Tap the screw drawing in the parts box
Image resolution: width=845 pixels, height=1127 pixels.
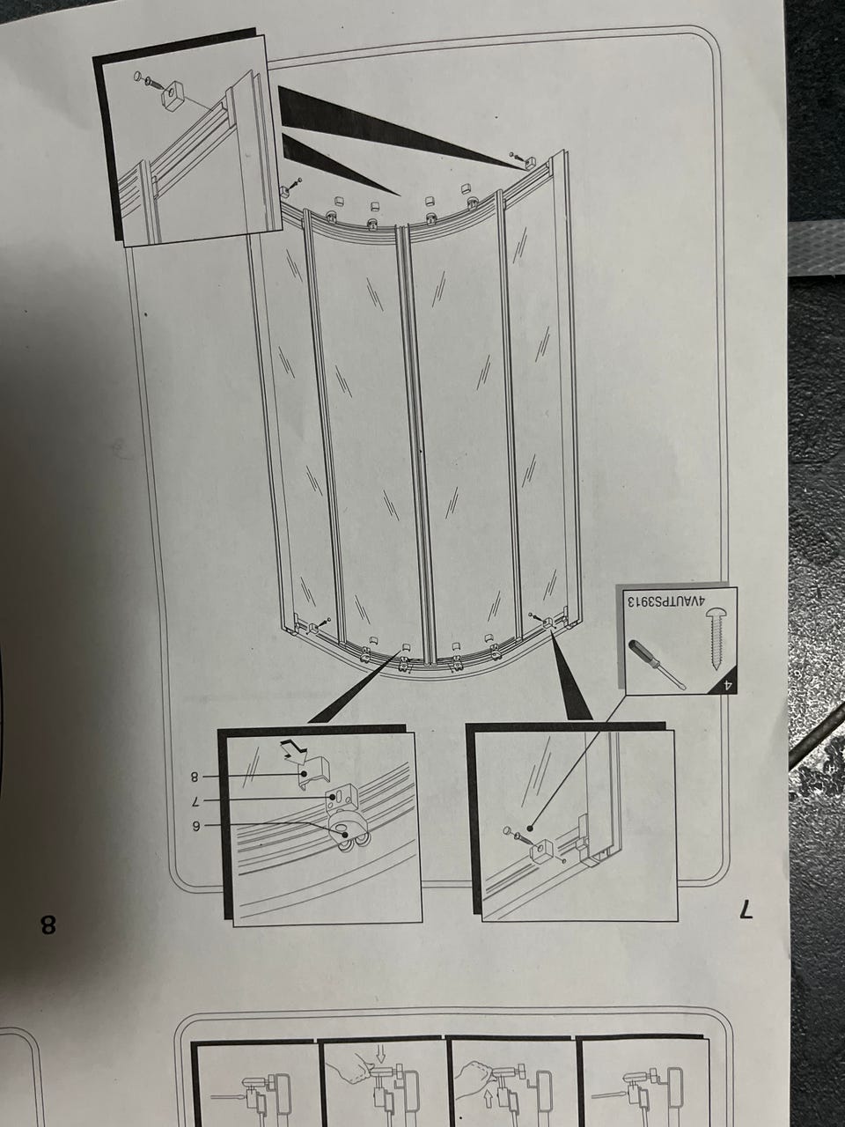point(716,638)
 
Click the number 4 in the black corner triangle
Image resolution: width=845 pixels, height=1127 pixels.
point(726,684)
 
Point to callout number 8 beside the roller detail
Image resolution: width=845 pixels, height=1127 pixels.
point(195,776)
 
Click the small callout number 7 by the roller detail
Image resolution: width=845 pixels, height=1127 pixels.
point(195,800)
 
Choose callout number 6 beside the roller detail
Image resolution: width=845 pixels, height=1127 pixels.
point(195,826)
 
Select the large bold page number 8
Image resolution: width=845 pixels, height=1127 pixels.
point(48,925)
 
